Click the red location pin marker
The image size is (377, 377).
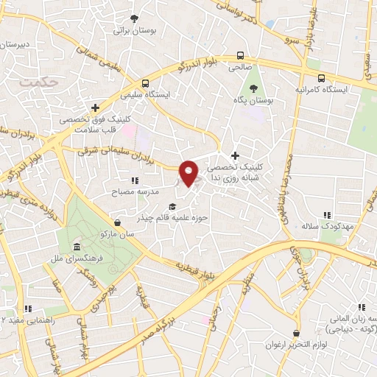coord(191,172)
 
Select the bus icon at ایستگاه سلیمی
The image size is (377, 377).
coord(146,83)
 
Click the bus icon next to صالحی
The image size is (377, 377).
coord(241,55)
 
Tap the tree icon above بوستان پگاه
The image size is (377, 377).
coord(253,88)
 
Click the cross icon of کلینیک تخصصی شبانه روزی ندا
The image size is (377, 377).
coord(235,155)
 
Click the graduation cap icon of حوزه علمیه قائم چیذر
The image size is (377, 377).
coord(172,207)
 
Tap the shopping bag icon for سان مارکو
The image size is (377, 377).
coord(118,222)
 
